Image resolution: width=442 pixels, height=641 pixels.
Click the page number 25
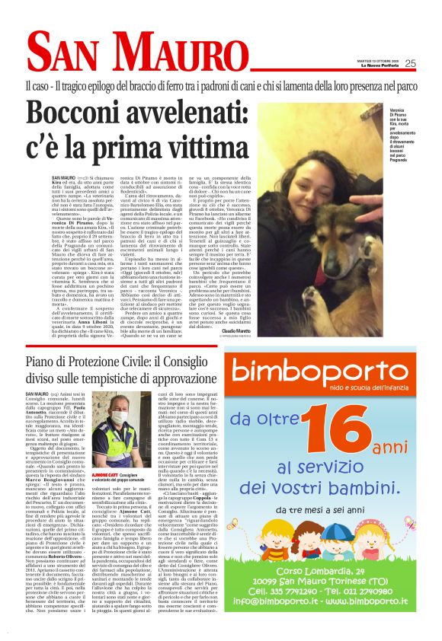tap(410, 63)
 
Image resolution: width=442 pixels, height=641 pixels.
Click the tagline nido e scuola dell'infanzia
tap(374, 390)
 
